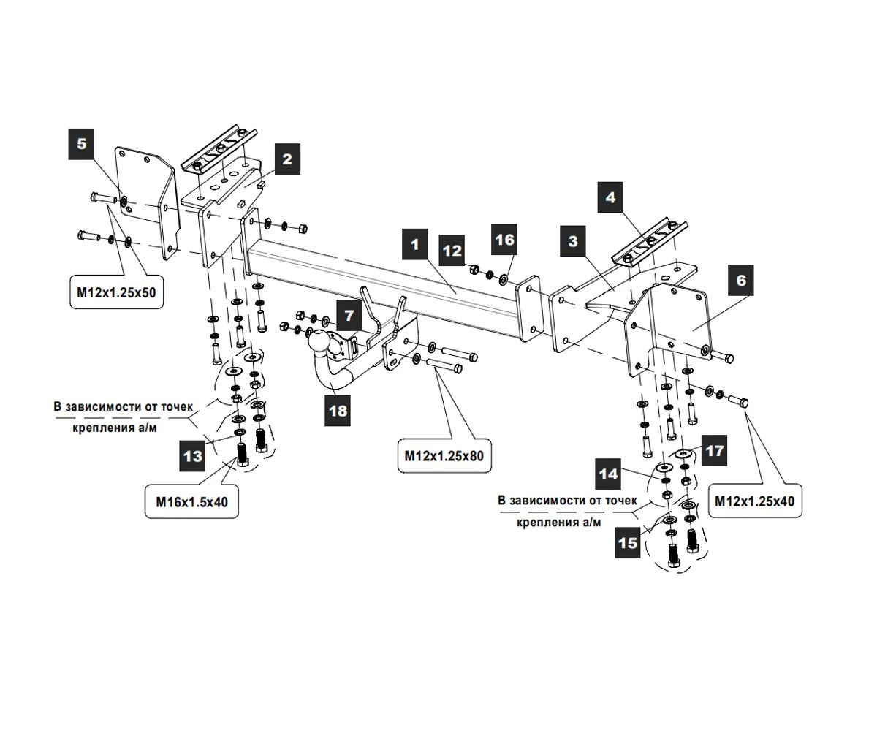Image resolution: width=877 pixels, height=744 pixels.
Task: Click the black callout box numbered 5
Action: coord(81,144)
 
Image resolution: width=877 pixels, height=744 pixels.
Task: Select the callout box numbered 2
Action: coord(287,159)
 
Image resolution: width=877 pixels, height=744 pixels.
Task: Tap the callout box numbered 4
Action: coord(610,197)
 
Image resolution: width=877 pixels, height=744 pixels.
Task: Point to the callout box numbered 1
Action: coord(415,244)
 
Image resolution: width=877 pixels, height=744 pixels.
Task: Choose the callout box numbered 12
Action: coord(452,251)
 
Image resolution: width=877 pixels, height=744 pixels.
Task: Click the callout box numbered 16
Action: coord(504,240)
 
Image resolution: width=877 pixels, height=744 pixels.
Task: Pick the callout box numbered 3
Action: coord(573,241)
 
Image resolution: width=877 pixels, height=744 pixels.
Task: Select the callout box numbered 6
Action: coord(741,280)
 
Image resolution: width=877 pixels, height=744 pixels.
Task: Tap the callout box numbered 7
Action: coord(349,315)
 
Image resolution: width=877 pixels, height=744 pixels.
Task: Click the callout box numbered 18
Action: coord(338,411)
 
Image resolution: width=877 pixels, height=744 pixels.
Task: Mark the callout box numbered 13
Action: coord(192,456)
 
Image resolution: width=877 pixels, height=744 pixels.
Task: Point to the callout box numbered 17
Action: coord(714,450)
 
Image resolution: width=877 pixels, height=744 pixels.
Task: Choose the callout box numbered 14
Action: coord(608,474)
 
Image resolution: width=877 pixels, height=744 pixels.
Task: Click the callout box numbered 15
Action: coord(628,542)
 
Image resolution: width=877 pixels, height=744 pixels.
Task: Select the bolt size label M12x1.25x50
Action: coord(116,292)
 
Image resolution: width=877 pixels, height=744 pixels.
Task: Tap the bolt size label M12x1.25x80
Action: coord(444,456)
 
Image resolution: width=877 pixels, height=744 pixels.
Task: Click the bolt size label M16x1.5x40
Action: coord(191,502)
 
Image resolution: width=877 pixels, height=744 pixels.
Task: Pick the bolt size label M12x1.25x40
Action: coord(755,501)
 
